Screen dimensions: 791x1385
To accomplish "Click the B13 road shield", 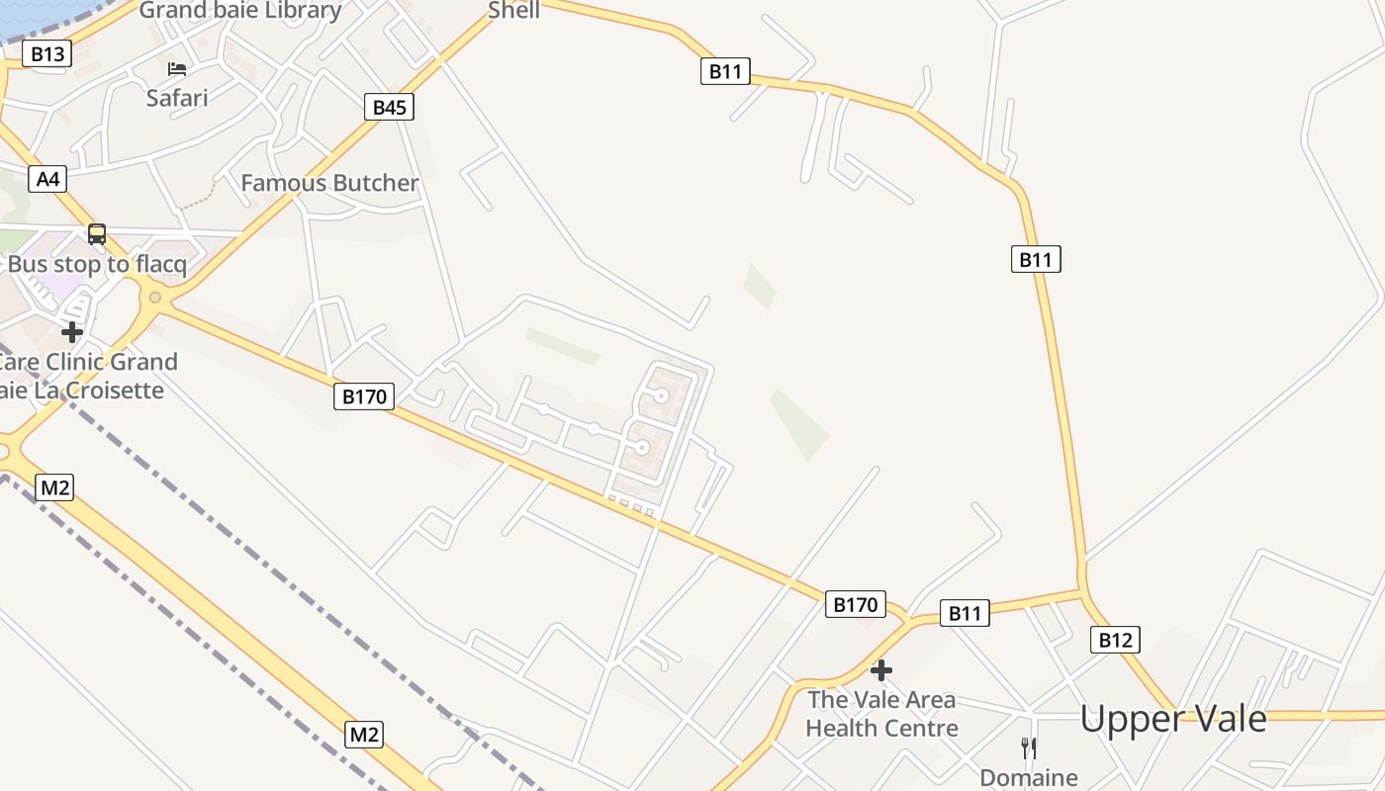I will pos(47,53).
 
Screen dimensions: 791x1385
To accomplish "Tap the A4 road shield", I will pos(47,179).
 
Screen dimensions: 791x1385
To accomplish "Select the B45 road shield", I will pos(389,107).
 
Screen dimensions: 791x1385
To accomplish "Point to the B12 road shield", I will pos(1115,640).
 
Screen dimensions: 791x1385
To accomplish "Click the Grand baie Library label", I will pos(240,11).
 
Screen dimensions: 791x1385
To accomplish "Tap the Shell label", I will pos(514,10).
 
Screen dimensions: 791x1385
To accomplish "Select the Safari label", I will pos(177,97).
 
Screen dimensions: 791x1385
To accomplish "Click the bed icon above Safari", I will pos(177,68).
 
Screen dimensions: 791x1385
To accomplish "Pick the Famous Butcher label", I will pos(329,183).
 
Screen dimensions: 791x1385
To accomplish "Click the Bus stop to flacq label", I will pos(97,264).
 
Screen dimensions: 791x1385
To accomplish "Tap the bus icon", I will pos(97,234).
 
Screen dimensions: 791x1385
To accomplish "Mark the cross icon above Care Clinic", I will pos(71,331).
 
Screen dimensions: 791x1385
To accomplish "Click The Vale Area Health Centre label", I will pos(881,714).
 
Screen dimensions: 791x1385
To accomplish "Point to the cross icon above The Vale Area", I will pos(880,670).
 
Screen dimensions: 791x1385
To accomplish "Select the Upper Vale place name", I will pos(1172,718).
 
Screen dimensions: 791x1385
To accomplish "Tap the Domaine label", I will pos(1029,777).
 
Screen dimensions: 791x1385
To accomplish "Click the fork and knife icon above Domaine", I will pos(1029,747).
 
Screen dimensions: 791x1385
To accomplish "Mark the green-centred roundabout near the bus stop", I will pos(154,297).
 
